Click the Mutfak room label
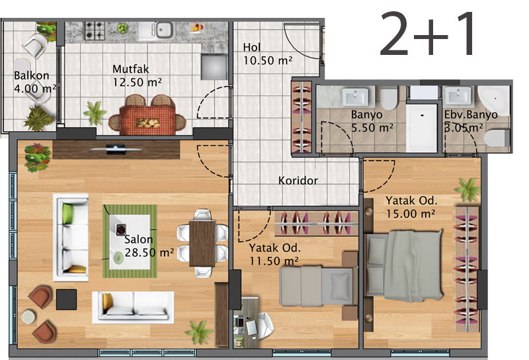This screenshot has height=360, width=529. click(130, 69)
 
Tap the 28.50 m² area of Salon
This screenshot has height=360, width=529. click(149, 252)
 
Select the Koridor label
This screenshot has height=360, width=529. click(298, 181)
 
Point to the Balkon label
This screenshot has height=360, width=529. click(31, 75)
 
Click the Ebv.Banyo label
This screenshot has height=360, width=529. click(471, 115)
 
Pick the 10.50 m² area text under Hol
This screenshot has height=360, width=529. click(268, 60)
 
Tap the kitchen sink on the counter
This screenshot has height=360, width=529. click(163, 30)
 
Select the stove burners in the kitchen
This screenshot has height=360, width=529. click(94, 30)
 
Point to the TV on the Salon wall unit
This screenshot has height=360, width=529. click(116, 149)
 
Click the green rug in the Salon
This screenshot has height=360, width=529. click(130, 241)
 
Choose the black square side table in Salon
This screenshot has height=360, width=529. click(66, 299)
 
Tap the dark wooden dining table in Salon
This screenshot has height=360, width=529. click(202, 243)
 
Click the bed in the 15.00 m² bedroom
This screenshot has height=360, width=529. click(404, 266)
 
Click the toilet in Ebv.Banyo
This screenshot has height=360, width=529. click(497, 138)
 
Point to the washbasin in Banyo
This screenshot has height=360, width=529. click(355, 97)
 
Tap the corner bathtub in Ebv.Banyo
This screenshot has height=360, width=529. click(493, 101)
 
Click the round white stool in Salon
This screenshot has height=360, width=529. click(28, 317)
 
